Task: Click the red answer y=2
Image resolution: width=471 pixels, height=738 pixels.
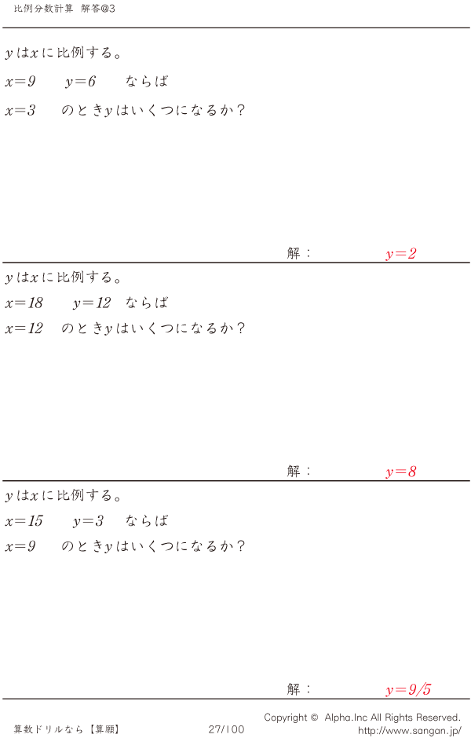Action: click(x=401, y=254)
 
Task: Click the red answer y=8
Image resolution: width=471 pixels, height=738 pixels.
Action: click(x=401, y=472)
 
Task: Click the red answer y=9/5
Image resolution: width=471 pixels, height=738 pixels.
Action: click(x=408, y=690)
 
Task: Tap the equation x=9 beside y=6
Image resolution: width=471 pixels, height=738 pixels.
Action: click(x=20, y=82)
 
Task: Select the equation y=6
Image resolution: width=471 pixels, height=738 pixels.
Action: click(x=80, y=82)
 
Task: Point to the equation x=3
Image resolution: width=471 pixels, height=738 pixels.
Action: click(x=20, y=111)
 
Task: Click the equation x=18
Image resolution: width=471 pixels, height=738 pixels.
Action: click(x=24, y=303)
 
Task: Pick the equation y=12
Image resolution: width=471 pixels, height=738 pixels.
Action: click(x=92, y=303)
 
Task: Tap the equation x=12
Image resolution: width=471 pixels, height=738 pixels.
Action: click(x=24, y=329)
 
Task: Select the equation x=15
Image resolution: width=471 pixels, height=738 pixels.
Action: click(x=24, y=521)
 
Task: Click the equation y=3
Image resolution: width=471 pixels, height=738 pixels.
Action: click(x=89, y=521)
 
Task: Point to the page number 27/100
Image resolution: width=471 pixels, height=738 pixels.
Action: click(x=227, y=729)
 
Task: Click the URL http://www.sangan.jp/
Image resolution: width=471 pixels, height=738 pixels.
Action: click(x=410, y=731)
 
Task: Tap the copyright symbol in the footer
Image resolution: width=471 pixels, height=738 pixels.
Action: click(x=314, y=718)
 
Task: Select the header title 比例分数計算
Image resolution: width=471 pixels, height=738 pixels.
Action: click(x=44, y=9)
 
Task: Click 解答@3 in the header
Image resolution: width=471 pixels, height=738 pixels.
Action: click(x=98, y=9)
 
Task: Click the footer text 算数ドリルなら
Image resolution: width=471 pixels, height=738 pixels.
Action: click(x=49, y=729)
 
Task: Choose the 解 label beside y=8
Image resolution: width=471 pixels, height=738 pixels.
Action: click(x=294, y=471)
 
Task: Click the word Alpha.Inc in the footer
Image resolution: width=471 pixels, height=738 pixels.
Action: click(x=346, y=718)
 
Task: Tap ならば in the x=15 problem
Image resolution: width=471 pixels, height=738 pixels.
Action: click(x=147, y=521)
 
